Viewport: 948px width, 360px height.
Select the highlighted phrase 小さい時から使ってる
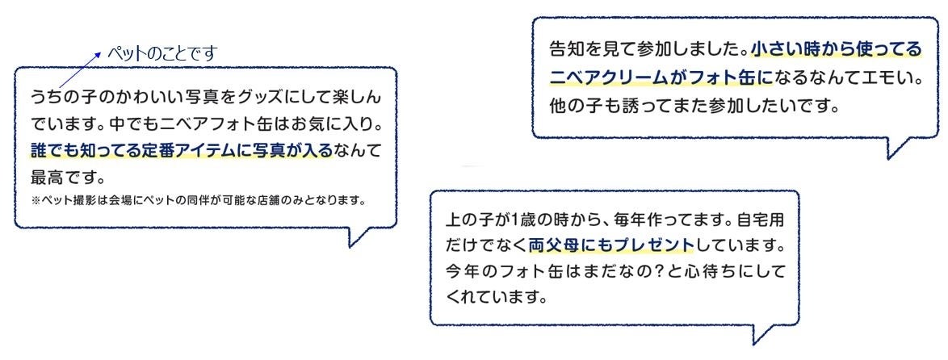[x=836, y=51]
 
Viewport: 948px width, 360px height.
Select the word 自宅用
[x=765, y=220]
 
